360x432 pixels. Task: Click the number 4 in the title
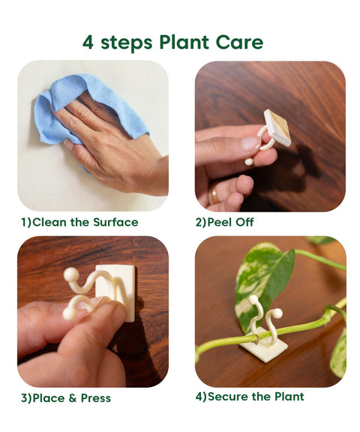click(88, 42)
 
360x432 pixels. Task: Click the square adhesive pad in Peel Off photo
click(277, 127)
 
